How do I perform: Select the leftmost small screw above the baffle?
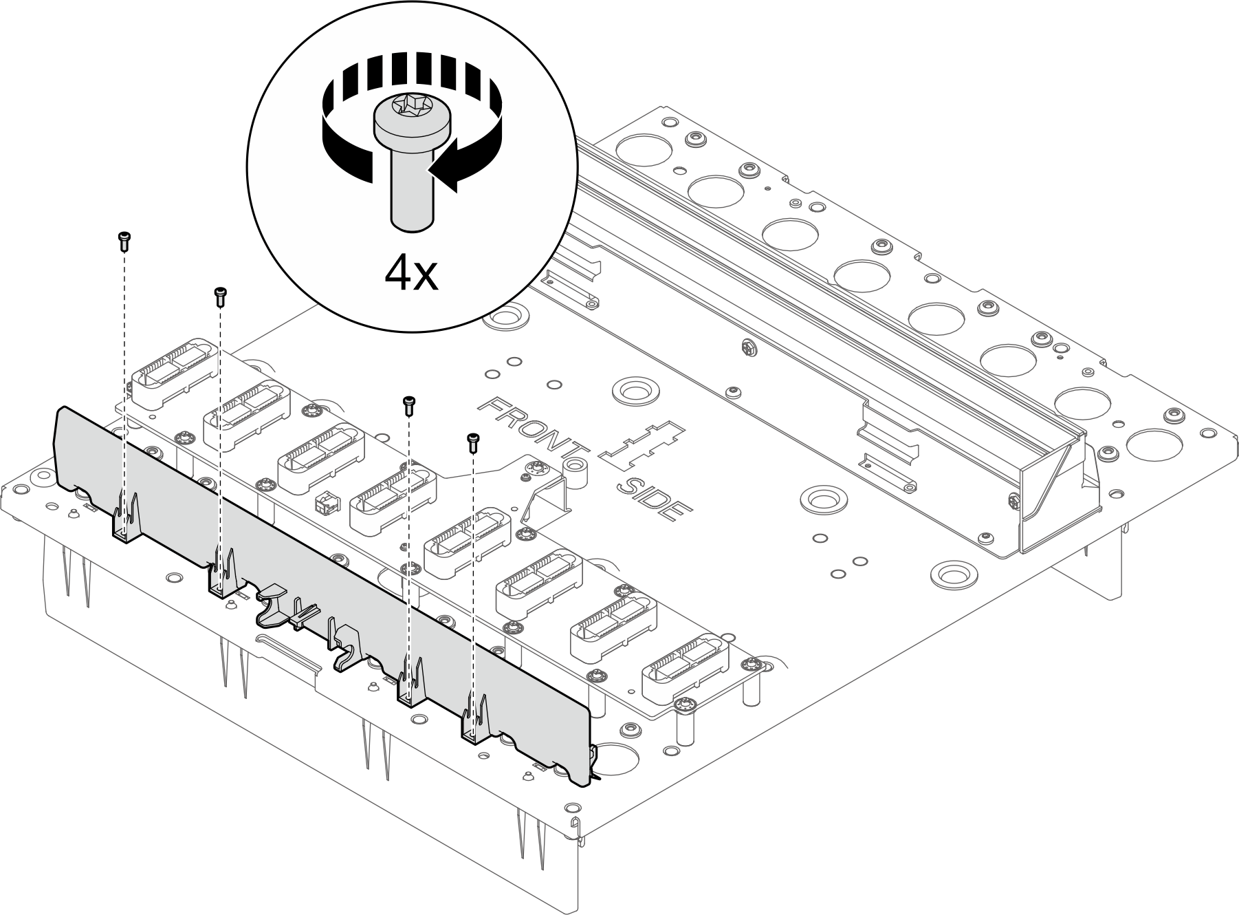pos(124,240)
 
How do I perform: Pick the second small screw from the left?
pos(221,296)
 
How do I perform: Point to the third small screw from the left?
pos(409,405)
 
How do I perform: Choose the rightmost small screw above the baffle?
pos(472,442)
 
